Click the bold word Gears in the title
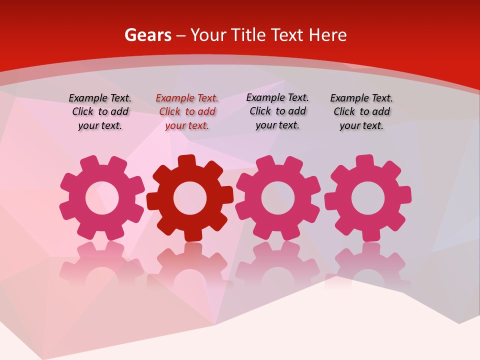(147, 35)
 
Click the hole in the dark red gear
(189, 198)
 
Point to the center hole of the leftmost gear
(102, 198)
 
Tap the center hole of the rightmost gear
(367, 198)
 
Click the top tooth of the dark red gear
(186, 161)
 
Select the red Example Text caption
(187, 111)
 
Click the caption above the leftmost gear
(100, 111)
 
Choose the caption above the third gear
(277, 111)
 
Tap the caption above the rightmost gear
(361, 111)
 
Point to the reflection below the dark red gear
(189, 265)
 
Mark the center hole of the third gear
(277, 198)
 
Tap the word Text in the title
(287, 35)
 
